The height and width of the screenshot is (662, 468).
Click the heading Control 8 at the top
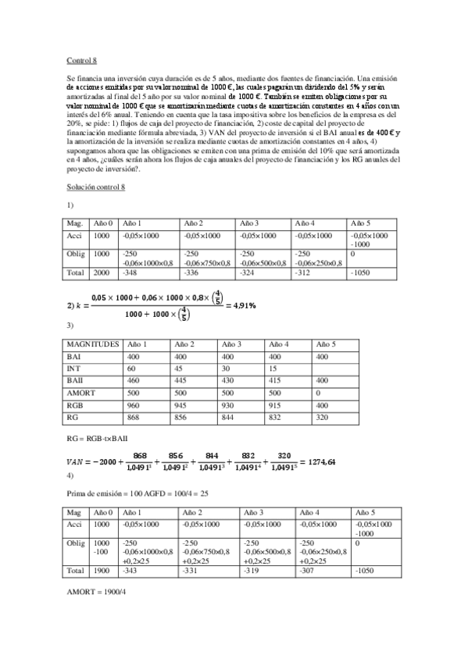[x=82, y=59]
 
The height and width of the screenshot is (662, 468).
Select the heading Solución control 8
[x=97, y=187]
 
